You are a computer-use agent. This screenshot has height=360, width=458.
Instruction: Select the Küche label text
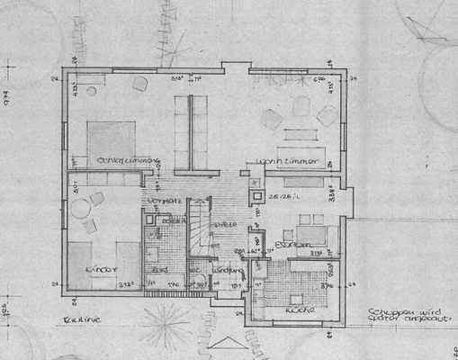coord(299,309)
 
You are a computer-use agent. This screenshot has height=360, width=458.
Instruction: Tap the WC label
coord(194,269)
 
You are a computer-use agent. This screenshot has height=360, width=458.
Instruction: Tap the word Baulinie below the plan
coord(79,320)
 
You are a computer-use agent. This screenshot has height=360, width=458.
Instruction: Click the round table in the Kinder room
coord(80,210)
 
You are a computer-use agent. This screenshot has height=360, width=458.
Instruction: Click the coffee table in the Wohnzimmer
coord(302,137)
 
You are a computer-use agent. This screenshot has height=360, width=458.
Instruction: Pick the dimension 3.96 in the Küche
coord(315,254)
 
